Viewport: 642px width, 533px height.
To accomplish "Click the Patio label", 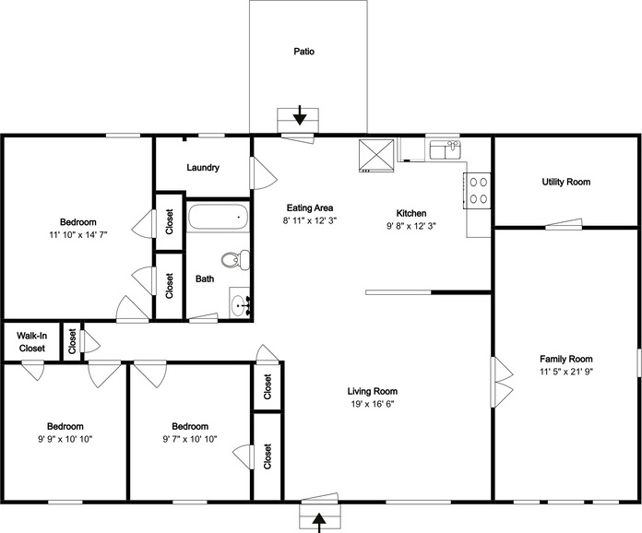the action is coord(303,52).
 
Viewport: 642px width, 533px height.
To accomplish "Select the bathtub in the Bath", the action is coord(219,217).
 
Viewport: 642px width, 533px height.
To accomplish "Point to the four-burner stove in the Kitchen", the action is coord(478,191).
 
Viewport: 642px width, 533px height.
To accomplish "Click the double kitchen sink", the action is coord(445,149).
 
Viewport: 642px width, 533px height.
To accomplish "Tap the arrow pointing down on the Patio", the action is coord(300,115).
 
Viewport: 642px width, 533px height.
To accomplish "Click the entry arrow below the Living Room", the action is coord(319,523).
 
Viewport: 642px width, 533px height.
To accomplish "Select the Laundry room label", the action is coord(203,168).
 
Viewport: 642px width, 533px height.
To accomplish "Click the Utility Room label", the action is coord(565,182).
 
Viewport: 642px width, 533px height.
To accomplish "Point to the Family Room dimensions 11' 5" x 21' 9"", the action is coord(566,372).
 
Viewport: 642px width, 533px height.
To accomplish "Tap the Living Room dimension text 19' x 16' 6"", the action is coord(372,404).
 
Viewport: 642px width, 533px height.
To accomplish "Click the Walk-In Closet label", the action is coord(32,342).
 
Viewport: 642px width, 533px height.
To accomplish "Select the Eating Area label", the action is coord(310,207).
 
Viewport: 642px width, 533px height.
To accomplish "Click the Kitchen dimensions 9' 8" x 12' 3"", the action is coord(411,226).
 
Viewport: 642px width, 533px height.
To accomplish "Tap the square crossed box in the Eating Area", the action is coord(376,156).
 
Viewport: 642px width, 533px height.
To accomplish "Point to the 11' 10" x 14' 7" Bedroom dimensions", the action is coord(77,235).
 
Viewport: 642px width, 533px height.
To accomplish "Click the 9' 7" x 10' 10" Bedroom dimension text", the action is coord(190,439).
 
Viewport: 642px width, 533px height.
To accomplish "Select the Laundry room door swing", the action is coord(263,173).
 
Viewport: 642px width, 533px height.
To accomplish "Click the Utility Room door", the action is coord(564,223).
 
